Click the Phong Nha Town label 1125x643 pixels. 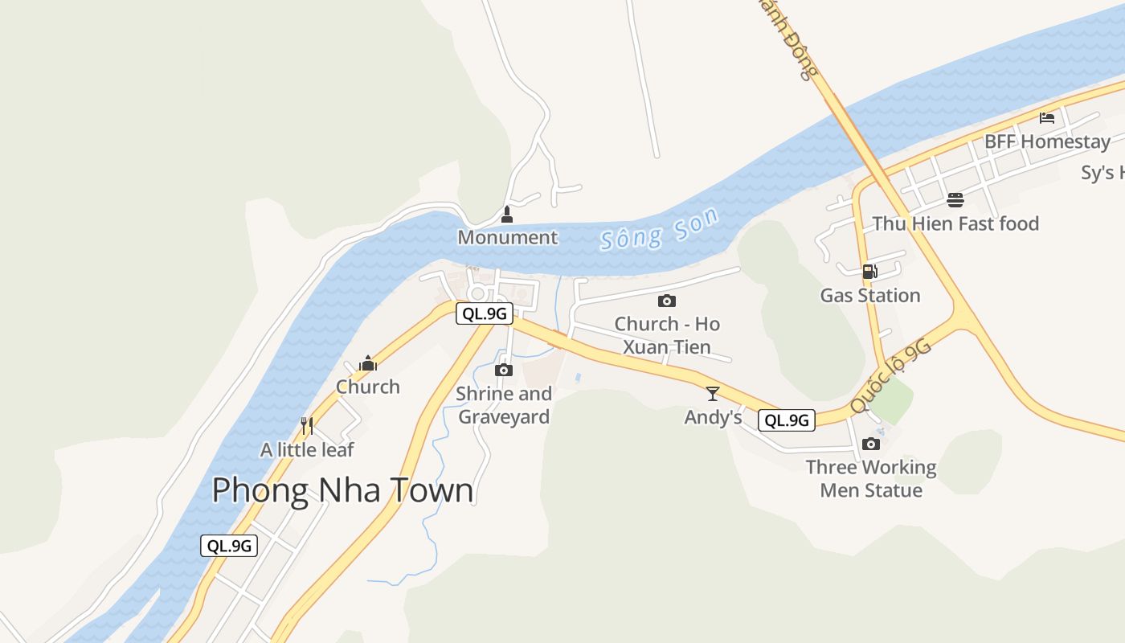[342, 490]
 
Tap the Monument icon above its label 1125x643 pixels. [506, 215]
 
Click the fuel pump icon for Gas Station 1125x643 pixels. [869, 272]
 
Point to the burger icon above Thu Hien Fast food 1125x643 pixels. [955, 199]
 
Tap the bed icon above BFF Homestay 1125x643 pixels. [1046, 118]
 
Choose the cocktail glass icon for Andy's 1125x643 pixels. [712, 394]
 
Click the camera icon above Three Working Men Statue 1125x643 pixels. [870, 444]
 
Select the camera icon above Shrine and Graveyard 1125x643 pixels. [504, 370]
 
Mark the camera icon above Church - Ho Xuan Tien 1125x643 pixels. [666, 301]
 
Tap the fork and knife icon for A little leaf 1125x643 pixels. [306, 425]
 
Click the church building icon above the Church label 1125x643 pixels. [368, 363]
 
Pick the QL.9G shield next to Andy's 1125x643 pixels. [786, 420]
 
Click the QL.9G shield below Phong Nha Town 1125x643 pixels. [229, 546]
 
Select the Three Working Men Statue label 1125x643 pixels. [871, 478]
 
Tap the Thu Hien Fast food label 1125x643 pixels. [955, 223]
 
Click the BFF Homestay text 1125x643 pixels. [1047, 142]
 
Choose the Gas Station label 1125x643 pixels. [869, 295]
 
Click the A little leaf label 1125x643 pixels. [306, 449]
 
